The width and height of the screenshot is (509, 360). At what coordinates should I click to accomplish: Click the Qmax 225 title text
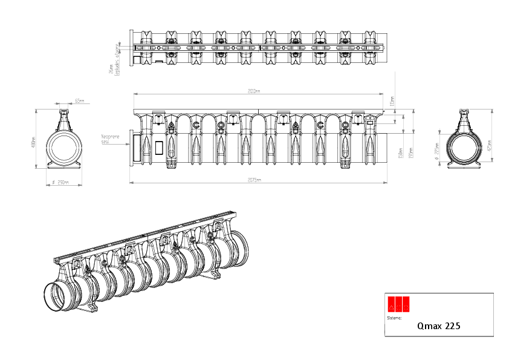pos(438,326)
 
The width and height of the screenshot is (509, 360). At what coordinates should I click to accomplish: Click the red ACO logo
pos(399,303)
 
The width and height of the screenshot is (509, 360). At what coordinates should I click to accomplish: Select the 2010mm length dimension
pos(254,91)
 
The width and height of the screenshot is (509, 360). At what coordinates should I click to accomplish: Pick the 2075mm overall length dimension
pos(254,180)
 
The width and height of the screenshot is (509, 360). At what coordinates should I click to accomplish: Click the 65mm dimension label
pos(79,101)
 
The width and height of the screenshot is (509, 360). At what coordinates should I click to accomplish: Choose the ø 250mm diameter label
pos(60,182)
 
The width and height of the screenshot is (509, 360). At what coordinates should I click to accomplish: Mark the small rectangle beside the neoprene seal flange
pos(160,148)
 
